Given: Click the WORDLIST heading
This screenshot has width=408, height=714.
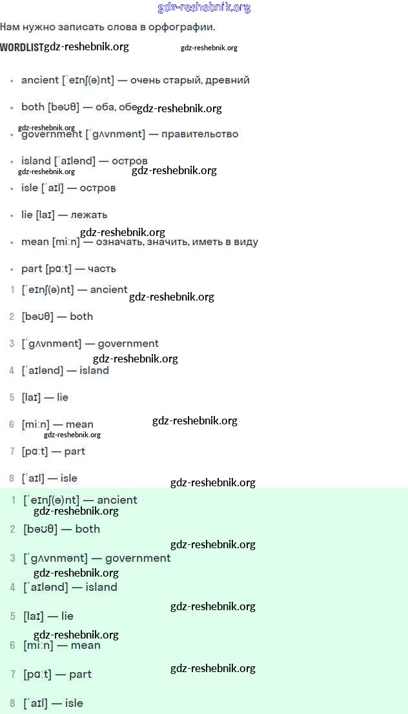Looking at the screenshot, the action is click(22, 47).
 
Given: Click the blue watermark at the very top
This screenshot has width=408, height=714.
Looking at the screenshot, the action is click(204, 8).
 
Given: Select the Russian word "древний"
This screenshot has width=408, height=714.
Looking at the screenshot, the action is click(227, 81).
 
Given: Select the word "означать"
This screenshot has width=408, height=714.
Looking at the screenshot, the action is click(117, 242).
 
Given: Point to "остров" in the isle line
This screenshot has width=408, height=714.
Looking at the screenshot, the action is click(97, 188).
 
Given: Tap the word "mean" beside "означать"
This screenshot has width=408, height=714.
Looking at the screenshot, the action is click(35, 242).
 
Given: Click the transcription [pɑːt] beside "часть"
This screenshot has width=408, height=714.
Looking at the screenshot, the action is click(59, 269).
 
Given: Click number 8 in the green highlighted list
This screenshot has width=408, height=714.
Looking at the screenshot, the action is click(13, 703).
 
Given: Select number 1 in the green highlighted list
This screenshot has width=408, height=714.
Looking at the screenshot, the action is click(13, 501).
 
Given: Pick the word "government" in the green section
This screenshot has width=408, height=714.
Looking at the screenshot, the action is click(138, 559).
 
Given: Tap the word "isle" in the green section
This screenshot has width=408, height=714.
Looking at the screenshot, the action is click(74, 703).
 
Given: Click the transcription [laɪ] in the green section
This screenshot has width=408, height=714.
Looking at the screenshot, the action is click(34, 617).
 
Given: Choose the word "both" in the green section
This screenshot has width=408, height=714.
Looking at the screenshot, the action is click(88, 529).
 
